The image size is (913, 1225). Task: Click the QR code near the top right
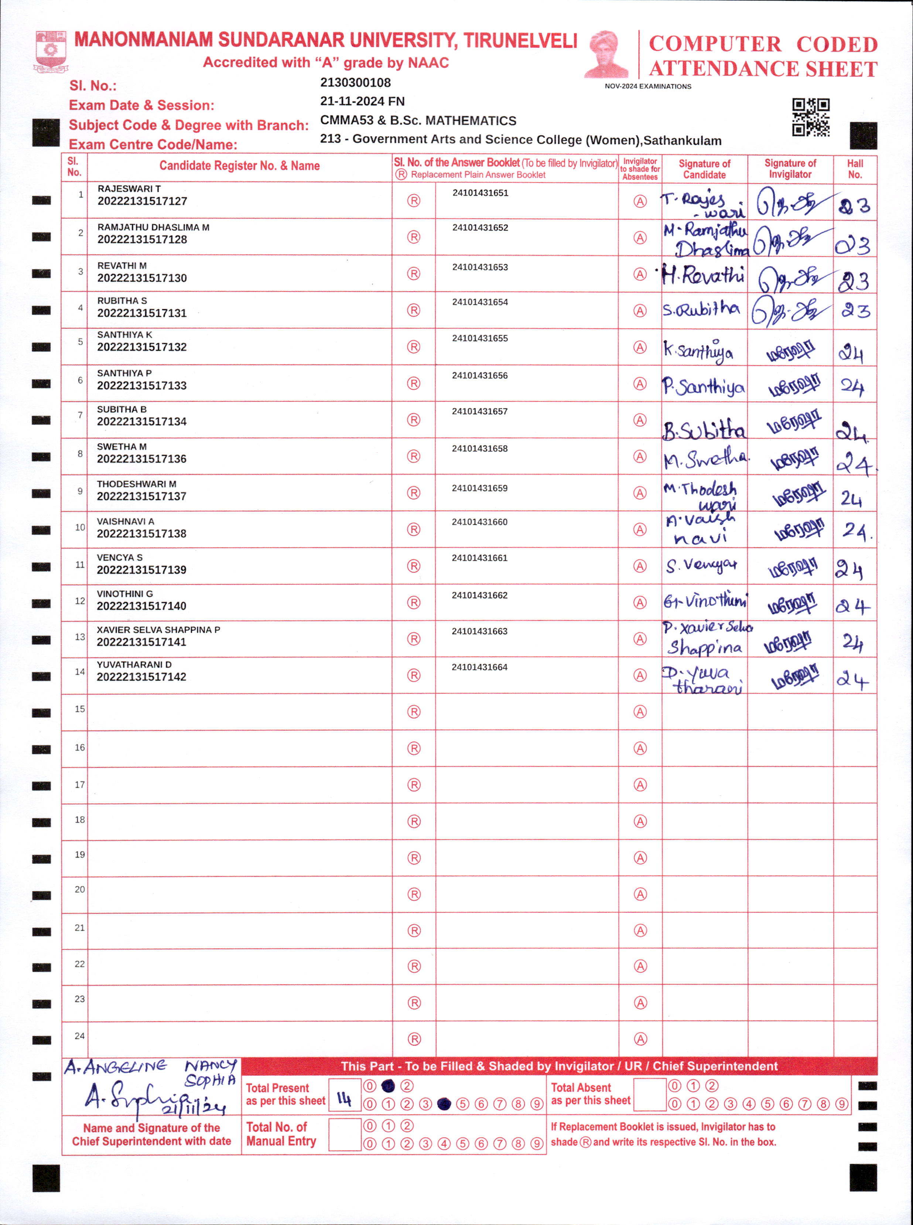(x=810, y=117)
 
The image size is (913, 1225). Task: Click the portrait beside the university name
(x=606, y=54)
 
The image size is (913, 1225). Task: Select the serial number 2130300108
(x=355, y=83)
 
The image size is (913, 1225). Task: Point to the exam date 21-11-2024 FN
(x=362, y=102)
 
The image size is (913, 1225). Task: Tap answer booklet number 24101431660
(x=479, y=522)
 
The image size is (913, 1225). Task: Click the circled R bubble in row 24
(x=414, y=1039)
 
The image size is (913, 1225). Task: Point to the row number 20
(x=79, y=890)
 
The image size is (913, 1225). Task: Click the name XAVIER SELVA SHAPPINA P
(x=158, y=629)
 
